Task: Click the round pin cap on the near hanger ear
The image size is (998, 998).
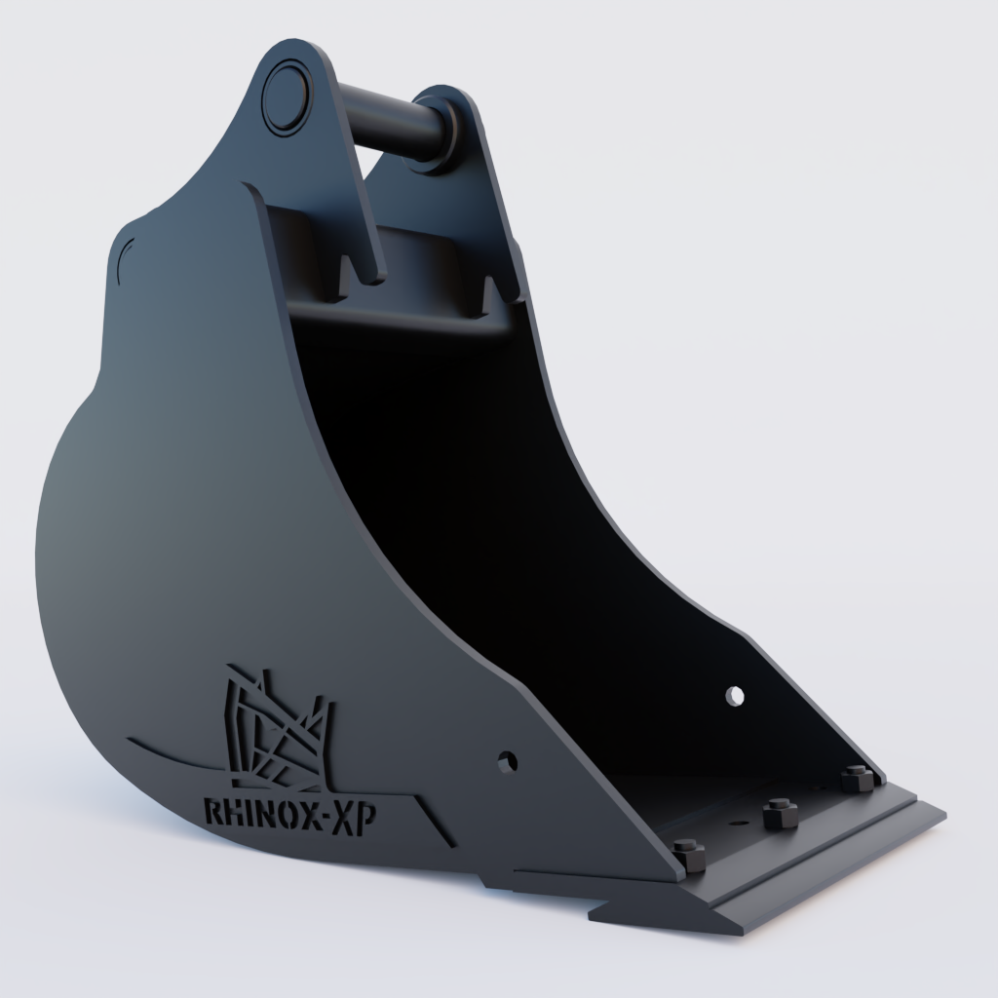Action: (287, 94)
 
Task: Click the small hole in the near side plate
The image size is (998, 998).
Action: (506, 762)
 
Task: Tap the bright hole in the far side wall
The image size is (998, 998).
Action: (735, 696)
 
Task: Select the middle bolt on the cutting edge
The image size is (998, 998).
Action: (779, 813)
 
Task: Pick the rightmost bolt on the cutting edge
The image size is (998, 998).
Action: (856, 779)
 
